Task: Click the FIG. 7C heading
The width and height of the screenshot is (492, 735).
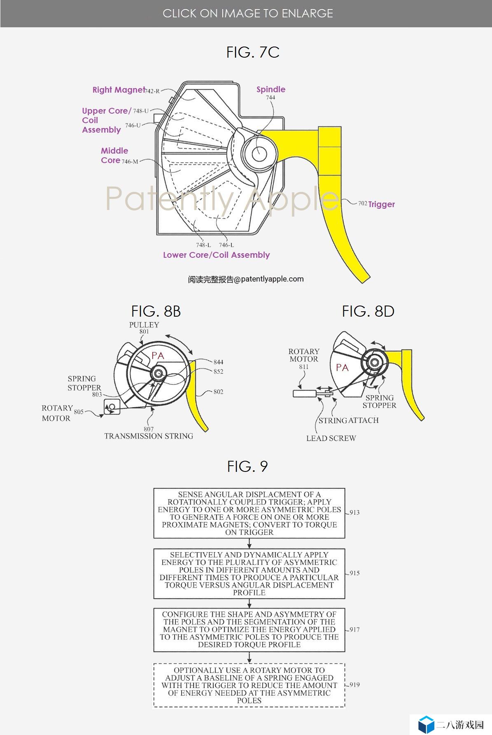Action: coord(253,52)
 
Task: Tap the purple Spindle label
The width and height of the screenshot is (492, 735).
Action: coord(270,89)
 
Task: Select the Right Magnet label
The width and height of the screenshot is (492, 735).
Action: coord(119,90)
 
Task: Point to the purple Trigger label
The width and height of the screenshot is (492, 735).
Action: coord(381,204)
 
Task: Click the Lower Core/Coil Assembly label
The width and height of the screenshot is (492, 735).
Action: coord(216,255)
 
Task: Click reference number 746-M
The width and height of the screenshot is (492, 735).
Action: coord(130,161)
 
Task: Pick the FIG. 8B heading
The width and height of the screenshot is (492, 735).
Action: coord(156,311)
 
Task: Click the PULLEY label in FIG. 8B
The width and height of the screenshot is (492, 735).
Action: coord(144,325)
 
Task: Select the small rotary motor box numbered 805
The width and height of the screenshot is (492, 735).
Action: coord(112,406)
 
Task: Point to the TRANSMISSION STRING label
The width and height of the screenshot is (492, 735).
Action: coord(149,436)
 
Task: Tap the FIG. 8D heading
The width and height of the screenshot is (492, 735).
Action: coord(368,311)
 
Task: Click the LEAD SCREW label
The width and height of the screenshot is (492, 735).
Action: coord(331,438)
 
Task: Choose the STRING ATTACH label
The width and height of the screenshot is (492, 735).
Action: coord(348,420)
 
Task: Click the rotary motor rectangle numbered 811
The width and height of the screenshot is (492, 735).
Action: coord(304,394)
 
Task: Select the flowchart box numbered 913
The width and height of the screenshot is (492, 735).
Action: coord(249,513)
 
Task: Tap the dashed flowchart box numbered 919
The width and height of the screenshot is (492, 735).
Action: coord(249,685)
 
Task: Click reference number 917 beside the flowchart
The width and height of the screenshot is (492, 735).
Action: coord(354,630)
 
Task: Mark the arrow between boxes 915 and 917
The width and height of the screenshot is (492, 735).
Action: coord(249,603)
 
